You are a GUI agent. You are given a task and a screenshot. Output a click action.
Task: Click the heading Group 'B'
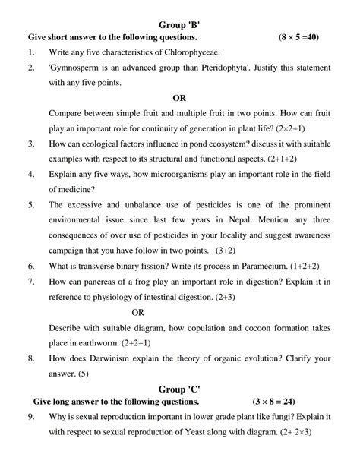pos(179,24)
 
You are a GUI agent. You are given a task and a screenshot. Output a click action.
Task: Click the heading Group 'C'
pos(179,389)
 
